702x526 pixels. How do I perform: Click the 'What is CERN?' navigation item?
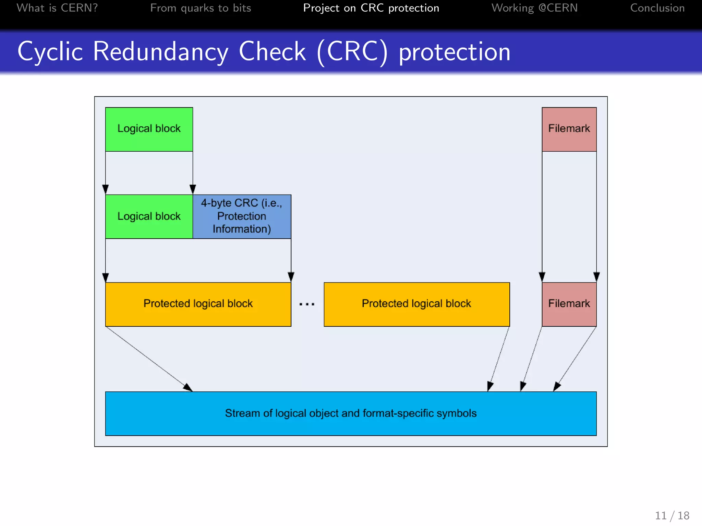[57, 8]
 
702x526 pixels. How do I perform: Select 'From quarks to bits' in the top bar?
[201, 8]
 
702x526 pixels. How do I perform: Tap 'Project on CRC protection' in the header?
[371, 8]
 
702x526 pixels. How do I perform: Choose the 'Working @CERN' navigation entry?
[534, 8]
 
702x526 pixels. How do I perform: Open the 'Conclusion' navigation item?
[657, 8]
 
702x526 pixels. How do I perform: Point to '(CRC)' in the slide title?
[352, 52]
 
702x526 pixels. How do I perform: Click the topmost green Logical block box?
[149, 129]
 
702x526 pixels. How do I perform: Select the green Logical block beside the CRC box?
[149, 216]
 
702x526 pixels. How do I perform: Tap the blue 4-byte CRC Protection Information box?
[242, 216]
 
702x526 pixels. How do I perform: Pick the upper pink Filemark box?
[569, 129]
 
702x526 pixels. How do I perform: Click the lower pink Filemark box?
[569, 304]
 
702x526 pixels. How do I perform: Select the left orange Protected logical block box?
[198, 304]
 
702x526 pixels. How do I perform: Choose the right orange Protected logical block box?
[416, 304]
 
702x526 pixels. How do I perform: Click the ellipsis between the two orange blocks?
[307, 304]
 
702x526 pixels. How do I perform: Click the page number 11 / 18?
[672, 515]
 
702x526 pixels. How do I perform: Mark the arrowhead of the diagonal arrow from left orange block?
[188, 388]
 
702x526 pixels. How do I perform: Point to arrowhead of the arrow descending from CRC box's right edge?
[291, 277]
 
